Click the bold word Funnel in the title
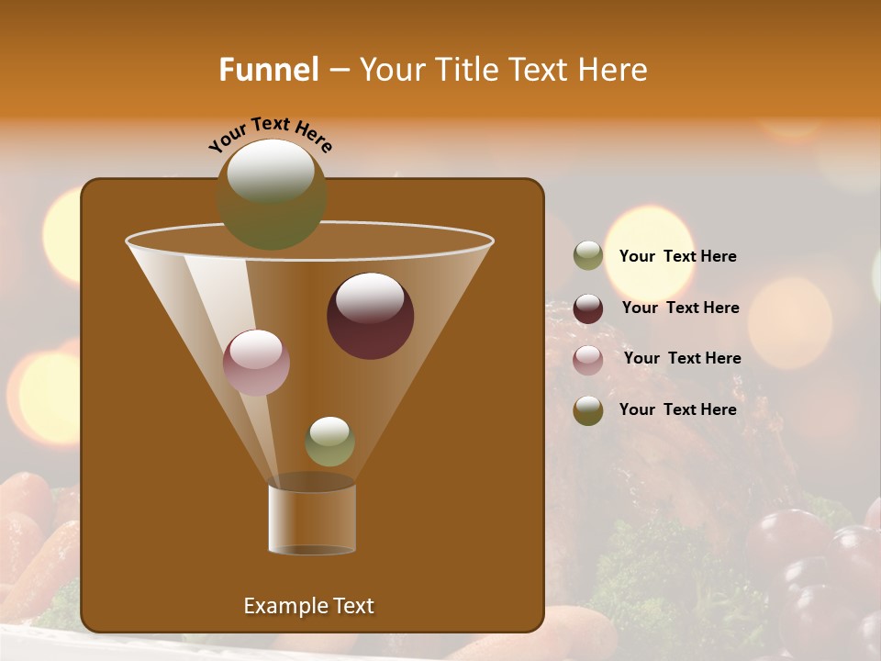(x=269, y=70)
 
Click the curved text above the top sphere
(x=270, y=134)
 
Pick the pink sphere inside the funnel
(x=256, y=362)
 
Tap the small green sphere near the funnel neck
(x=329, y=442)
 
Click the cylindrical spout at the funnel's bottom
(x=311, y=517)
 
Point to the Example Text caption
(x=308, y=606)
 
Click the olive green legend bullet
(x=588, y=256)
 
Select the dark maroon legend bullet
(x=588, y=308)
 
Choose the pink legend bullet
(x=588, y=360)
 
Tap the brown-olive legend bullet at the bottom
(x=588, y=410)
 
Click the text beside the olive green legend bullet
(x=677, y=256)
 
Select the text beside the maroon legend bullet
(x=680, y=308)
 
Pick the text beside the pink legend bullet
(x=682, y=358)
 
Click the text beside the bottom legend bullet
(x=677, y=409)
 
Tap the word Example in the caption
(x=282, y=606)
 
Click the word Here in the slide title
(x=614, y=70)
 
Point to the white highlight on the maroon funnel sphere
(x=370, y=297)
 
